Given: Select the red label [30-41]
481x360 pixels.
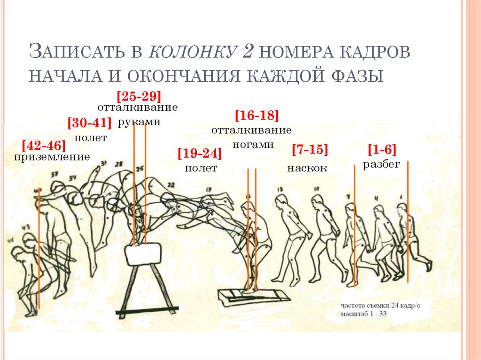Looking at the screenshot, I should [x=89, y=123].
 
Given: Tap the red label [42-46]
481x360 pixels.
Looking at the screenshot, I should [x=44, y=145].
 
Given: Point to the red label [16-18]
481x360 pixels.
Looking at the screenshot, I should [x=257, y=116].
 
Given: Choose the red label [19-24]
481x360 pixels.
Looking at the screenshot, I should [x=200, y=153].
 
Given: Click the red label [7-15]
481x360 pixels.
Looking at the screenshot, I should [x=309, y=150].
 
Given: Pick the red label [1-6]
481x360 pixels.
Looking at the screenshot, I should [x=382, y=150].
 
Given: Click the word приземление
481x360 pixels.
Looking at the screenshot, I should [x=52, y=157].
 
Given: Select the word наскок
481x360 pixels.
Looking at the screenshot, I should [x=307, y=168].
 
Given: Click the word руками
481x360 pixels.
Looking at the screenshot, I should [x=139, y=122].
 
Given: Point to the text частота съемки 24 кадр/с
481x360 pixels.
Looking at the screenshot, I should [x=380, y=305].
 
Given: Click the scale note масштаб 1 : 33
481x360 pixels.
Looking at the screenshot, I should [x=364, y=313].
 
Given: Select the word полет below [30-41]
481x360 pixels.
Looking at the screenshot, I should [x=91, y=138].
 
